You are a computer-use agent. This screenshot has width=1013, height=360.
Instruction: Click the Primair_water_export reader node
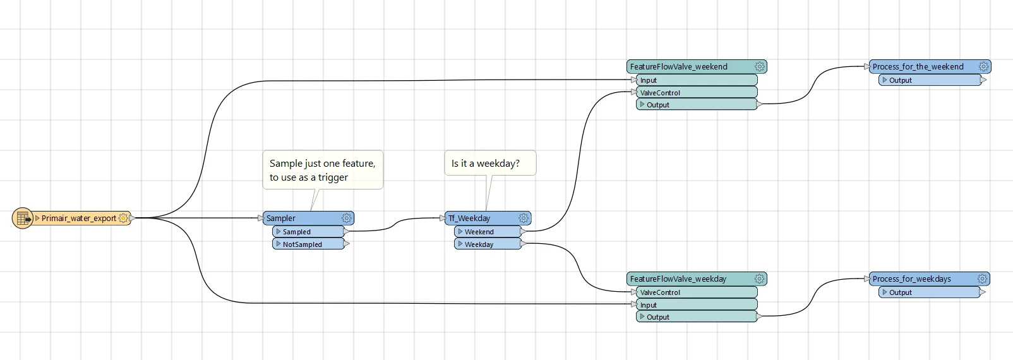(x=78, y=219)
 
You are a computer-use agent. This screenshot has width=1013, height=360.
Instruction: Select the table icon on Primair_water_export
(x=23, y=219)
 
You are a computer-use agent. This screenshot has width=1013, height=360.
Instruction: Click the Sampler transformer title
(x=281, y=219)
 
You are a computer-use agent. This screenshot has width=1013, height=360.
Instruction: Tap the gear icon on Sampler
(x=347, y=219)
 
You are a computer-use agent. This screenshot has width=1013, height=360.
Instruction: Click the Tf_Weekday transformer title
(x=469, y=219)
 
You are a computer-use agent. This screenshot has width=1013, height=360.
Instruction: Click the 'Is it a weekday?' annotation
(x=486, y=164)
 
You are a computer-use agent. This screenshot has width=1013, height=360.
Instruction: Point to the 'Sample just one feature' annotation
(x=322, y=170)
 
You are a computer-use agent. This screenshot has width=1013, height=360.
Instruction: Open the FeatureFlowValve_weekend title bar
(x=679, y=67)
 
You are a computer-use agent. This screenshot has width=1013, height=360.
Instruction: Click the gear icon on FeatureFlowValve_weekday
(x=759, y=279)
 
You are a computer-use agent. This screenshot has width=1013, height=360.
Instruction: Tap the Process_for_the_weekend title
(x=918, y=67)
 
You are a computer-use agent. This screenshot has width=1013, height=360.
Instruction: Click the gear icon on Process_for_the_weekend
(x=983, y=67)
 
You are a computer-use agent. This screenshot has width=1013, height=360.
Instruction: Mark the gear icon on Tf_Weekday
(x=524, y=219)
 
